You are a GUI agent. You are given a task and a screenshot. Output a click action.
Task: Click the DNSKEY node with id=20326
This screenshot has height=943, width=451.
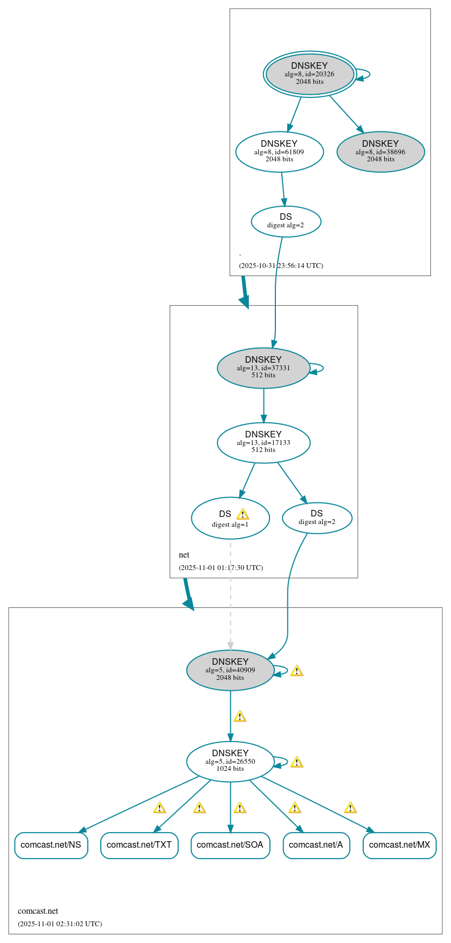(310, 74)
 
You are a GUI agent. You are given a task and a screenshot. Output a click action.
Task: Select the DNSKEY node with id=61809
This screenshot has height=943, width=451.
(279, 152)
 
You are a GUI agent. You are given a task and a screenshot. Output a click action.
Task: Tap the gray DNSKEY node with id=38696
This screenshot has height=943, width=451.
(381, 152)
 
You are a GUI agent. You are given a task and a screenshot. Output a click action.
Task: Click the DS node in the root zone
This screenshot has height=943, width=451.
(286, 221)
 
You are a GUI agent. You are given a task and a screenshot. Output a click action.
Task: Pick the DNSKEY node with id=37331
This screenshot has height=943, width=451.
(263, 368)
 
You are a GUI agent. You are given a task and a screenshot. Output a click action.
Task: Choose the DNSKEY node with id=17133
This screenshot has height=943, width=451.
(263, 442)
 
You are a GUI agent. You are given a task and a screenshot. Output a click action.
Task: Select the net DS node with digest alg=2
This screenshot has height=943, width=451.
(317, 518)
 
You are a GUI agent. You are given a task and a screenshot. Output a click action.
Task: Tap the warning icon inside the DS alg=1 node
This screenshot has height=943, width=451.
(242, 514)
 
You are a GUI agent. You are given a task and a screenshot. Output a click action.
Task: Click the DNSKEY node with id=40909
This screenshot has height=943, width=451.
(230, 670)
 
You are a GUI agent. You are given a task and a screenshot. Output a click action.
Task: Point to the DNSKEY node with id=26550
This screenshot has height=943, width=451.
(230, 761)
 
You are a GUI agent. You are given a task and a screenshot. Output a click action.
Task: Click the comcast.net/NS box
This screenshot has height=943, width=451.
(51, 845)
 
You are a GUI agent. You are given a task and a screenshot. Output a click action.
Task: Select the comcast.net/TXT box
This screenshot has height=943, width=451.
(139, 845)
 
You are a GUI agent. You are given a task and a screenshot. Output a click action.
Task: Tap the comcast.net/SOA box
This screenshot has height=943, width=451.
(230, 845)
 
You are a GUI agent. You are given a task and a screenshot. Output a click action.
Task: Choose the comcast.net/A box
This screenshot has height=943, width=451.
(316, 845)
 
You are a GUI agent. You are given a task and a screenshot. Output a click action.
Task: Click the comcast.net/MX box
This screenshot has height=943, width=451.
(400, 845)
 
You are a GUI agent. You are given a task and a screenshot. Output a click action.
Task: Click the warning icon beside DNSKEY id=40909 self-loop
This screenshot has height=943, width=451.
(297, 671)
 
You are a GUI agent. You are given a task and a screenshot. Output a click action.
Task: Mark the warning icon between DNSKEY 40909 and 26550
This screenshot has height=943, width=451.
(240, 717)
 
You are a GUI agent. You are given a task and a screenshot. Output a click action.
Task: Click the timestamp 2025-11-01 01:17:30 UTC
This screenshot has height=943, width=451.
(221, 567)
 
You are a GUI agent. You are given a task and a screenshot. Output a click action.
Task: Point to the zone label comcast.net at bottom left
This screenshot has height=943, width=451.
(38, 911)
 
